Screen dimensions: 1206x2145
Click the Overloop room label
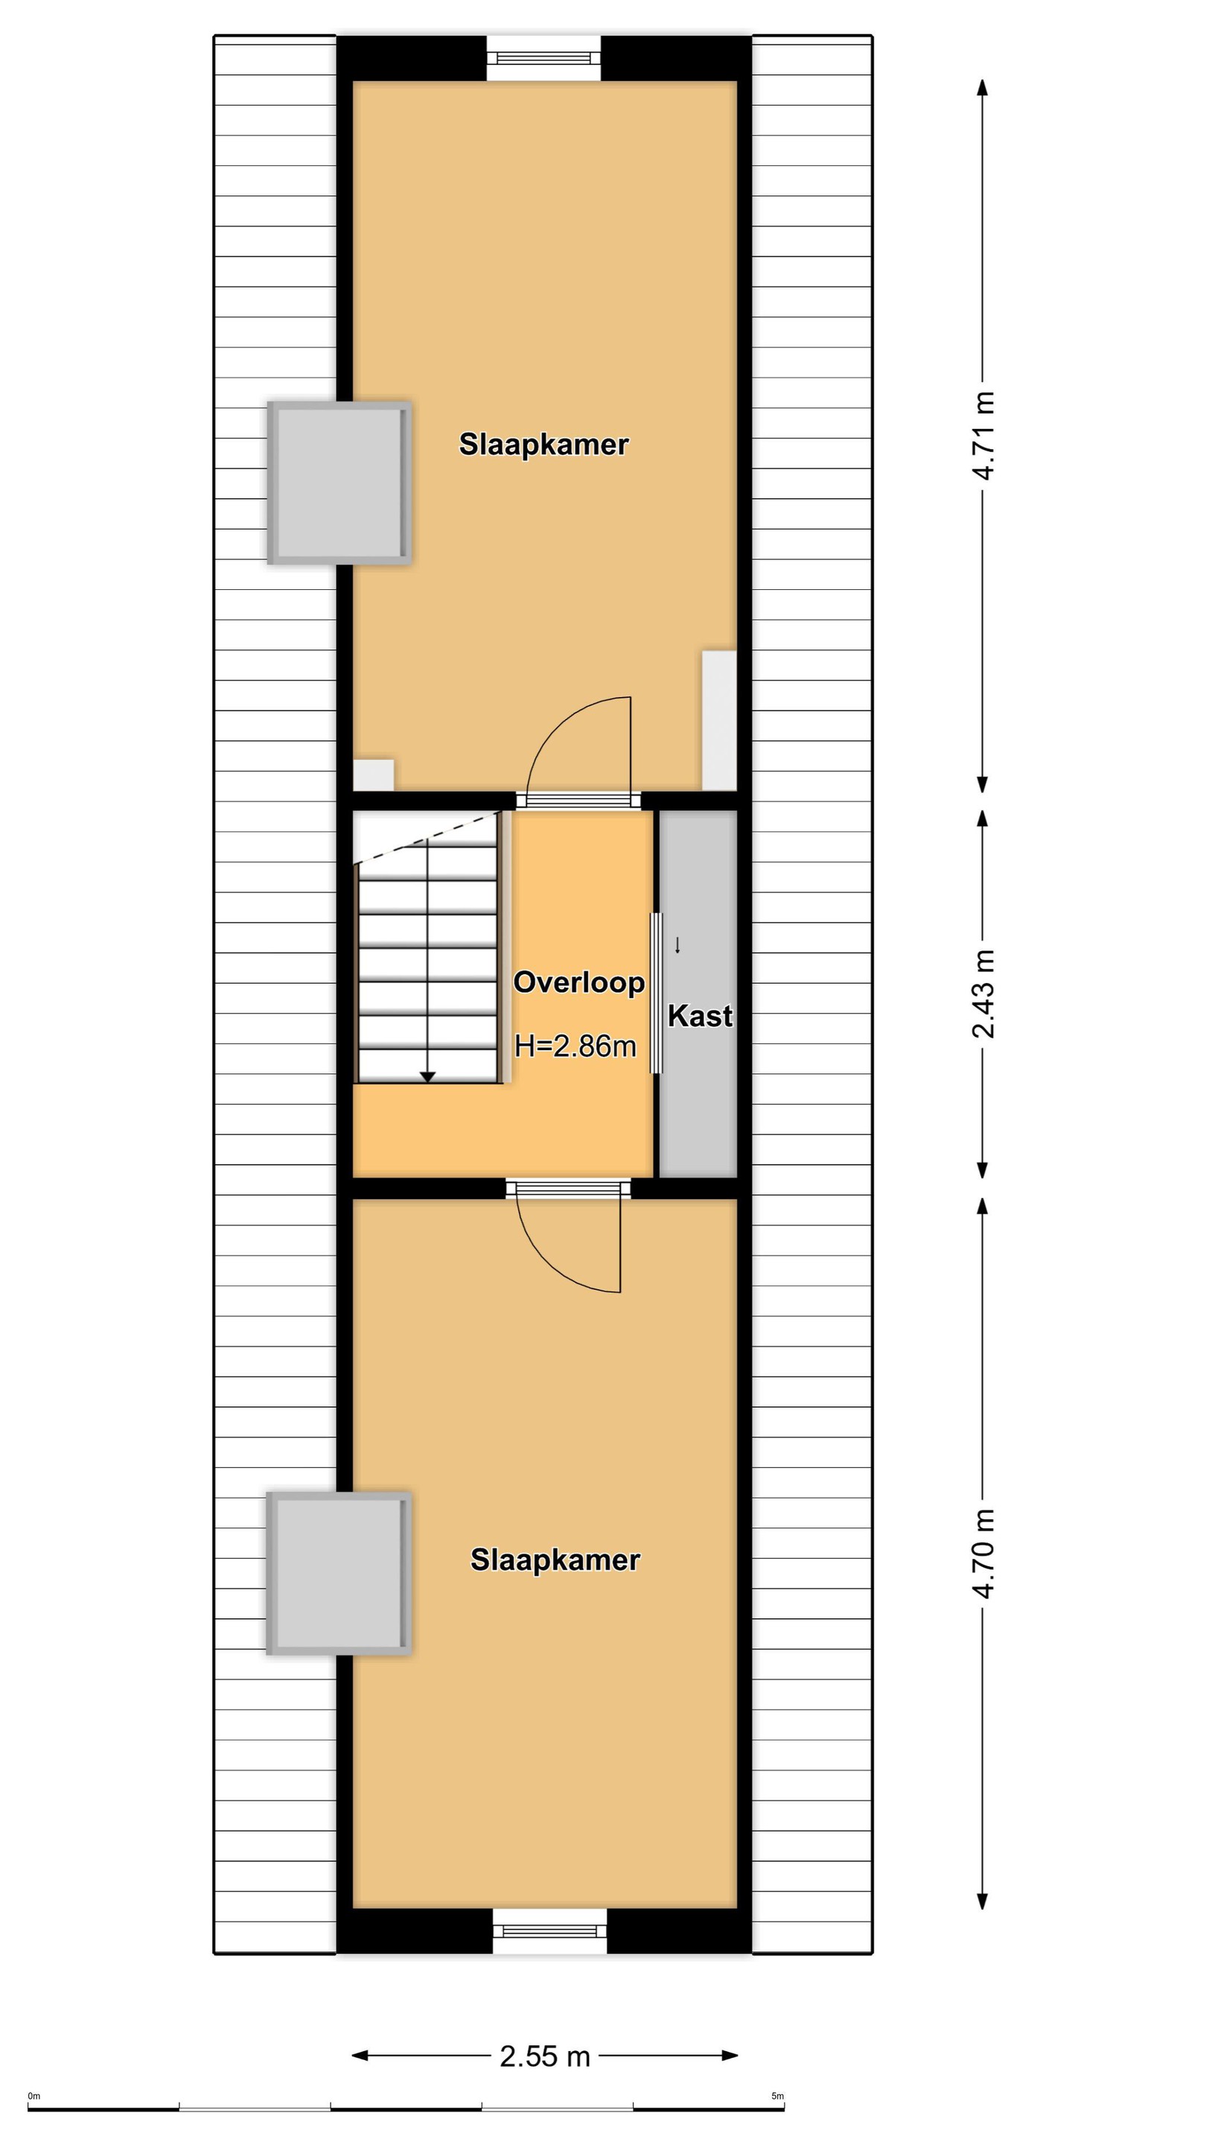tap(578, 982)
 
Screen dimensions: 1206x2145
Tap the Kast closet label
tap(700, 1016)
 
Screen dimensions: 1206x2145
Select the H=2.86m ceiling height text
tap(575, 1046)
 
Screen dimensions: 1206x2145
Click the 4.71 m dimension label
tap(983, 436)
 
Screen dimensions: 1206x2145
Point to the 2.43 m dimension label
tap(983, 994)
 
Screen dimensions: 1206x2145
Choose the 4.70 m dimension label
tap(983, 1553)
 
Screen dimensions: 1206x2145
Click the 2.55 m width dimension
tap(545, 2056)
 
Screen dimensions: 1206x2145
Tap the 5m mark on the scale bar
tap(777, 2096)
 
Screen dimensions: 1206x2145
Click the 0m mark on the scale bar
tap(34, 2096)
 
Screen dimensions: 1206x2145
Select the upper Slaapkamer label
tap(543, 444)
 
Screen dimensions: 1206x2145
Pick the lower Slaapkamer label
tap(555, 1560)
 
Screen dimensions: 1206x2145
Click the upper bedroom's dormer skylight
tap(339, 483)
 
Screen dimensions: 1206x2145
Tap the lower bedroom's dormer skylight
tap(339, 1573)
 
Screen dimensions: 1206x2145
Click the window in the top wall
tap(543, 57)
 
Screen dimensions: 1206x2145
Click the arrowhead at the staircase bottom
tap(428, 1077)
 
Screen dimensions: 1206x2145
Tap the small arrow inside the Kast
tap(677, 944)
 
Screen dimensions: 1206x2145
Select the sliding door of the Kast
tap(656, 993)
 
